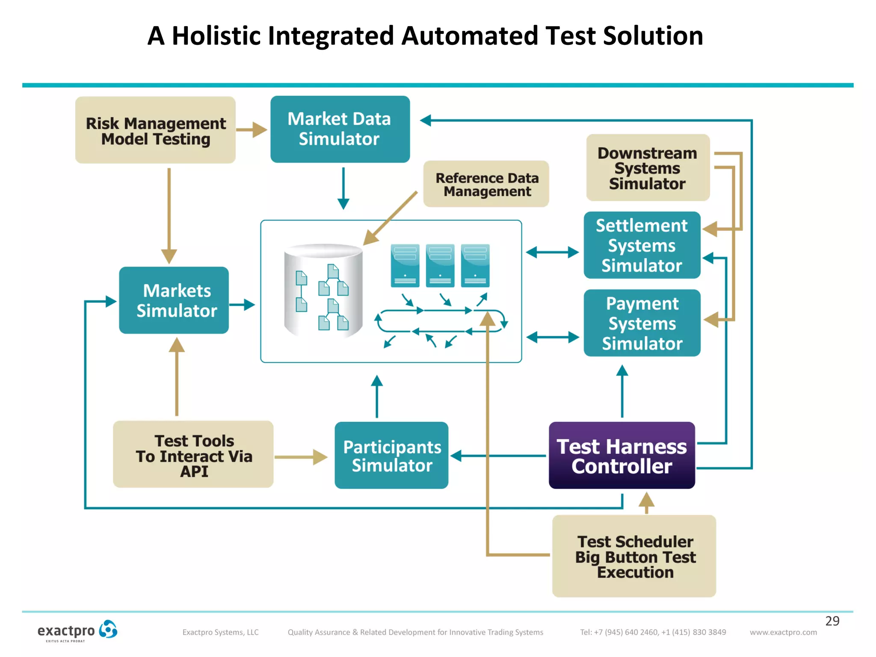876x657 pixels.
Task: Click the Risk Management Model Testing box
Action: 155,130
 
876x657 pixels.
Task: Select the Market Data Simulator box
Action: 340,129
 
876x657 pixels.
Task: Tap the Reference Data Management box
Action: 486,184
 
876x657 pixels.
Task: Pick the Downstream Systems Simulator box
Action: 647,168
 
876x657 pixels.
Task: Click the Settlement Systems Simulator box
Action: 642,246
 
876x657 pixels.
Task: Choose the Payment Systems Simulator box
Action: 642,323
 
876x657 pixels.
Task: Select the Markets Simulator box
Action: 174,300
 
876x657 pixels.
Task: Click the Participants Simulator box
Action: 391,456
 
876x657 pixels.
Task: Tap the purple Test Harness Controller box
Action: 621,456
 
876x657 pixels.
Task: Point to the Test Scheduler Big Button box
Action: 634,556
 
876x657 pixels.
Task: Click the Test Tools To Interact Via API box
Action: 193,455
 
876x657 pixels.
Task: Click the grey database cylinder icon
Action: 323,291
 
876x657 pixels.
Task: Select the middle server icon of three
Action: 440,266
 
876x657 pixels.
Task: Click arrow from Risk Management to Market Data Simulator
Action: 252,130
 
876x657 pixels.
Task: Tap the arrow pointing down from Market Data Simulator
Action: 343,188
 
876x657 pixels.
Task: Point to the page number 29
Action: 832,621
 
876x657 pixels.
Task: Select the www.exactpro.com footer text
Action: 783,632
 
